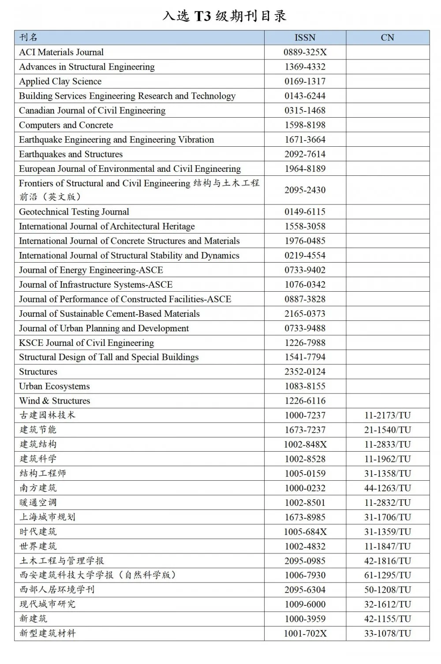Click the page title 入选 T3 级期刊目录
(x=224, y=16)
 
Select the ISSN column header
(x=305, y=37)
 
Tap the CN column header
(x=387, y=37)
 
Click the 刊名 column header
(x=29, y=37)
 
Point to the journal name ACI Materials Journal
(x=61, y=52)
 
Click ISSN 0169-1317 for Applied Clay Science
(x=305, y=81)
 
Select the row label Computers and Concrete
(x=66, y=125)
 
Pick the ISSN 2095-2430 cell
(x=305, y=190)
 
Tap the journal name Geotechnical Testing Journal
(x=74, y=211)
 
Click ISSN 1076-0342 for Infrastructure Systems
(x=305, y=284)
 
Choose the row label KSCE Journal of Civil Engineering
(x=86, y=342)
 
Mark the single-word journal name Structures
(x=38, y=371)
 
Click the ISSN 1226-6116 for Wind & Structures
(x=305, y=401)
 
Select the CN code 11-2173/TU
(x=387, y=415)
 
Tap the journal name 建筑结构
(x=38, y=444)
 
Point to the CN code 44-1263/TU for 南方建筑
(x=387, y=488)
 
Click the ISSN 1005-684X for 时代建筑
(x=305, y=531)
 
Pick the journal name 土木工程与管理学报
(x=62, y=560)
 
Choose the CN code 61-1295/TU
(x=387, y=575)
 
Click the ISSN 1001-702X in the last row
(x=305, y=633)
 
